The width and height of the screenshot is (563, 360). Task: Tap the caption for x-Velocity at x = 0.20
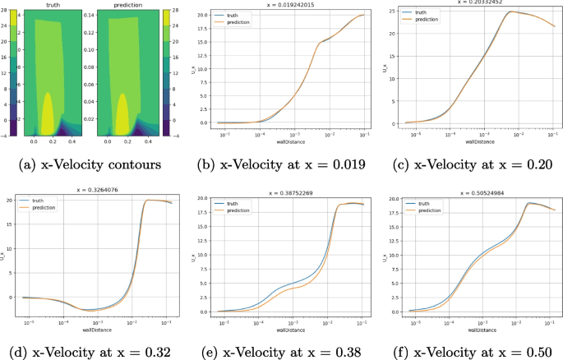[x=470, y=164]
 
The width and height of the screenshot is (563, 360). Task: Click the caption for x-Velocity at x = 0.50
[x=470, y=353]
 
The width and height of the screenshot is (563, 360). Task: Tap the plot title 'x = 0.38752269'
[x=284, y=192]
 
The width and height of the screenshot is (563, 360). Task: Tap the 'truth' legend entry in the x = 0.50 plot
[x=423, y=202]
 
